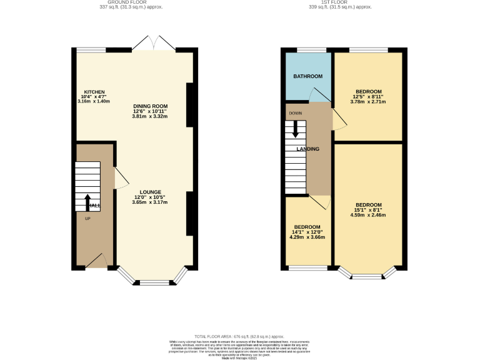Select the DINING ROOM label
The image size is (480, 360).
(x=150, y=106)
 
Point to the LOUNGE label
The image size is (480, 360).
(x=150, y=192)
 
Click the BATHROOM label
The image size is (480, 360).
(x=308, y=76)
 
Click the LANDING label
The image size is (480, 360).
(x=308, y=149)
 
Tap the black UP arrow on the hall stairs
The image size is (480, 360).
(x=87, y=202)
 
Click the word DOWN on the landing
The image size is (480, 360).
(x=295, y=113)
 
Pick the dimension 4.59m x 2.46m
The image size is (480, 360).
(x=368, y=215)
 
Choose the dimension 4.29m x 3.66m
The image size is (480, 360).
(x=307, y=237)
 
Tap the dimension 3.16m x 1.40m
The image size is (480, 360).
(x=94, y=101)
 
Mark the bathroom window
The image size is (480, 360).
(x=311, y=49)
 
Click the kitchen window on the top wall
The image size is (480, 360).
(x=91, y=49)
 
